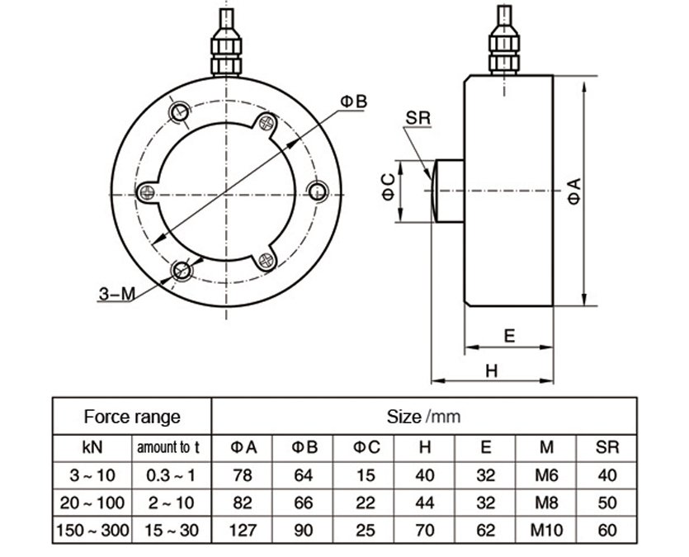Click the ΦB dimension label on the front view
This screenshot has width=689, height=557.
[353, 101]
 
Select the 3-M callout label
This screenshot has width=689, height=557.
[116, 293]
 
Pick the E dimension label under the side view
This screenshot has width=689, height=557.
[509, 335]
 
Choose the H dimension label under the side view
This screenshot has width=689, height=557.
[491, 371]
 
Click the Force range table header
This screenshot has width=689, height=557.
[132, 416]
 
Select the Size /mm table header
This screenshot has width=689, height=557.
[423, 416]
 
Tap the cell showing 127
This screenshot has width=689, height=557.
[243, 530]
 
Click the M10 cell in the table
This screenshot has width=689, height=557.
[546, 530]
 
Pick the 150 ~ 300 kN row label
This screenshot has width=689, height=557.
[92, 530]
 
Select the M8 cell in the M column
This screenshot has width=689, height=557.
[546, 503]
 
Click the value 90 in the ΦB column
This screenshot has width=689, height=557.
[304, 530]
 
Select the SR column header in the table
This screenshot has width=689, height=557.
[606, 448]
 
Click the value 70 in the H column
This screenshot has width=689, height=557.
[425, 530]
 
